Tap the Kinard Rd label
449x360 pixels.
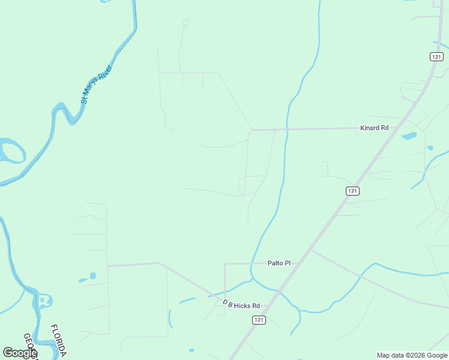pos(374,128)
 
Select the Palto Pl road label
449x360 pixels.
pos(279,263)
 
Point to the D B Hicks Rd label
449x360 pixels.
pos(241,304)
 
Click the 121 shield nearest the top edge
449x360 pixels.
pos(436,56)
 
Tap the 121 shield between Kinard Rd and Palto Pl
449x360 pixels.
pos(352,190)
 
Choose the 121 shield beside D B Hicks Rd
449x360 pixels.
pos(258,320)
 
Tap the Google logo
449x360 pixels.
pos(19,353)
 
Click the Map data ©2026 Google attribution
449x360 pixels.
pos(412,355)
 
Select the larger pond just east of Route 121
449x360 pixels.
pos(409,136)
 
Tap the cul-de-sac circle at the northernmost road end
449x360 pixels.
pos(185,23)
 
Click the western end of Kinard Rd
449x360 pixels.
pos(253,129)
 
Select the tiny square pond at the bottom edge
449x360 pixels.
pos(191,350)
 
